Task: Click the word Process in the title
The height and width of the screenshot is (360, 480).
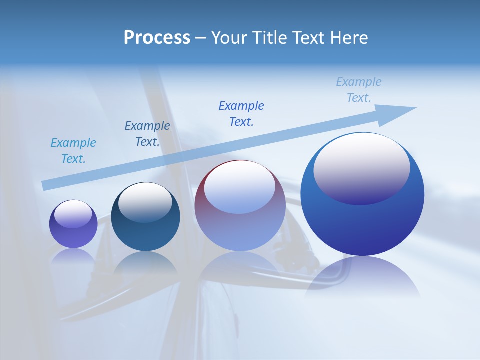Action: coord(157,38)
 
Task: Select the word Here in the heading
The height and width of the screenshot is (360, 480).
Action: coord(349,38)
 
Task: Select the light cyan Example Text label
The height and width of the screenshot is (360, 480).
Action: coord(73,151)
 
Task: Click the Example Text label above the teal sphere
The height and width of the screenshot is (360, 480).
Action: coord(147,134)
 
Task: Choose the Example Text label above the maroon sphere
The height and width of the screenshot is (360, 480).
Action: coord(241,113)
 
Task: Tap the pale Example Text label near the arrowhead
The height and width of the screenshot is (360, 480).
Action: coord(359,90)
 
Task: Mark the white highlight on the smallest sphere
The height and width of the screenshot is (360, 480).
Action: coord(73,213)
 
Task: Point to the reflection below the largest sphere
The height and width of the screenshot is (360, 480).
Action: coord(362,277)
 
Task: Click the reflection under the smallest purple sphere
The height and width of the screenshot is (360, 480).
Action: coord(73,256)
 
